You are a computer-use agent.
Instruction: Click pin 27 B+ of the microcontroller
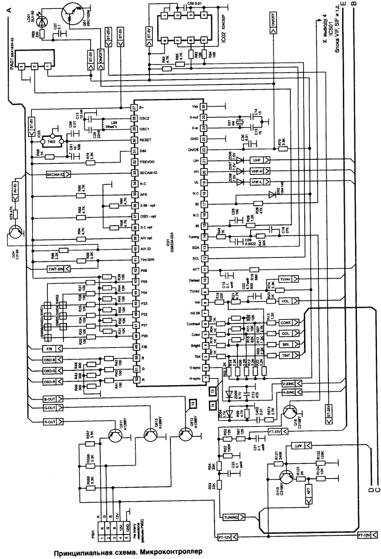134,108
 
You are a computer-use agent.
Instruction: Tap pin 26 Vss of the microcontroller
204,107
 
